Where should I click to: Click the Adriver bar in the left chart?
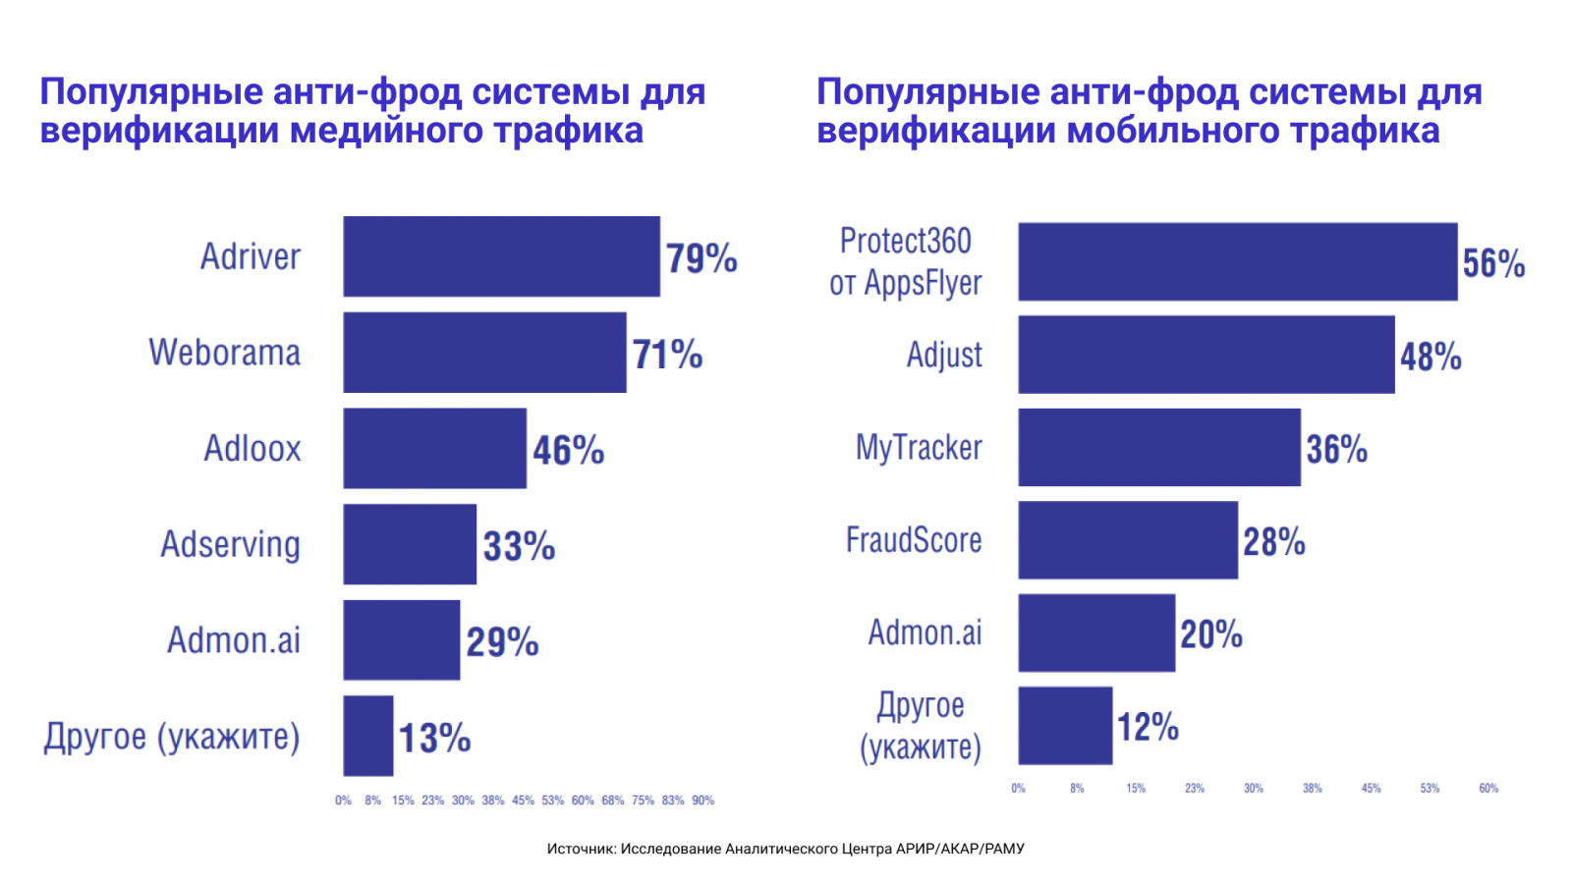coord(501,256)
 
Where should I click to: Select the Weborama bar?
coord(484,353)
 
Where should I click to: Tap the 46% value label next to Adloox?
coord(568,450)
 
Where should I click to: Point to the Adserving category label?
coord(230,544)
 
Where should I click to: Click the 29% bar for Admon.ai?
coord(401,639)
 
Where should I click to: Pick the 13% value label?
coord(434,738)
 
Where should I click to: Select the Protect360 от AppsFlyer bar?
coord(1237,261)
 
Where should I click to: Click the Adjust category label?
coord(944,355)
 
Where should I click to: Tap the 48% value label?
coord(1431,357)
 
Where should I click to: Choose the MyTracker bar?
coord(1158,448)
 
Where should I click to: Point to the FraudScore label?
coord(914,540)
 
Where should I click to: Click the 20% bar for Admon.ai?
coord(1095,634)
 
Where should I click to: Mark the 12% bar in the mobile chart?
coord(1065,726)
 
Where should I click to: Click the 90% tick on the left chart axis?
coord(702,801)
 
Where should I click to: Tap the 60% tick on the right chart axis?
coord(1488,789)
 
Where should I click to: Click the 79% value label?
coord(702,258)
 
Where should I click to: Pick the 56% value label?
coord(1493,263)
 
